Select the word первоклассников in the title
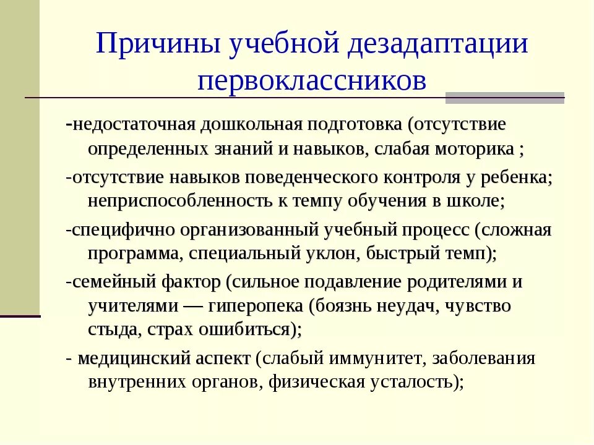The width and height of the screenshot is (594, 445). [x=312, y=82]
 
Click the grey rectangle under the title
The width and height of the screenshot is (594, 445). [x=505, y=98]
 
